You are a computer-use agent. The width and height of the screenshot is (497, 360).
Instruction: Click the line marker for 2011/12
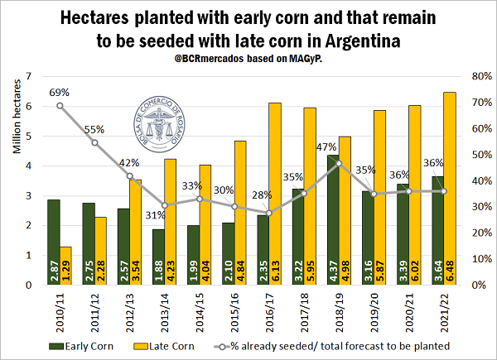click(x=94, y=142)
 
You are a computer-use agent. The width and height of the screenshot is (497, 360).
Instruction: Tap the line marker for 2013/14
click(x=164, y=205)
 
